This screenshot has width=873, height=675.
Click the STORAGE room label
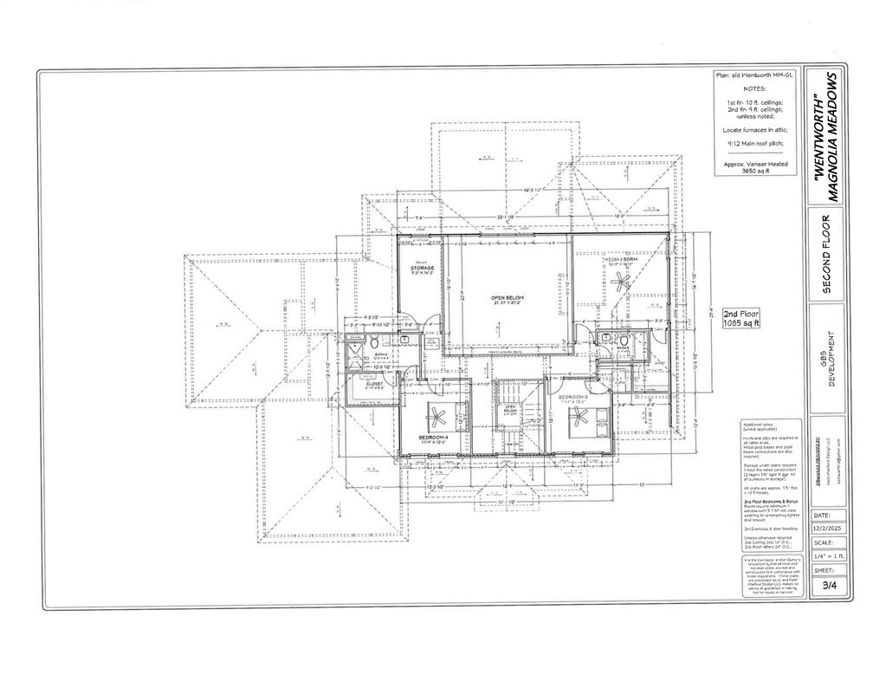pos(422,269)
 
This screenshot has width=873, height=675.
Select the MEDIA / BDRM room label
pos(621,258)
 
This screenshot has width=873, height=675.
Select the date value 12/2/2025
pos(829,528)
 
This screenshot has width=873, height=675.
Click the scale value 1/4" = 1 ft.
pos(829,556)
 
